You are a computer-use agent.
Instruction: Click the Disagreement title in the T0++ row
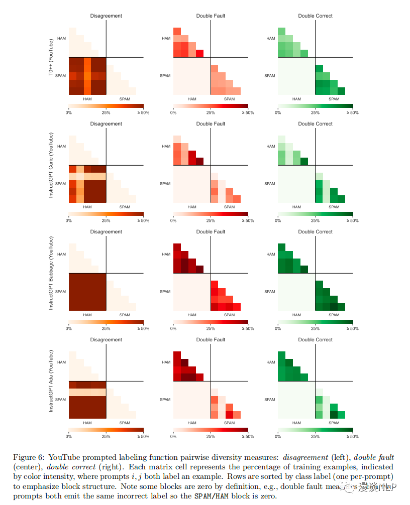pos(106,16)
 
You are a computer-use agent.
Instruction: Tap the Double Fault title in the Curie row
pos(211,124)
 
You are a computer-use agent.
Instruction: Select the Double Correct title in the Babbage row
pos(315,232)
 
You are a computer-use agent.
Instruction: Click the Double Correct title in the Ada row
pos(315,340)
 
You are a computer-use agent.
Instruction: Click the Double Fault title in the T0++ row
pos(211,16)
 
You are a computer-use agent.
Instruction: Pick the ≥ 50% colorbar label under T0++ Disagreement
pos(143,113)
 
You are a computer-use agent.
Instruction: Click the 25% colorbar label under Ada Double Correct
pos(315,437)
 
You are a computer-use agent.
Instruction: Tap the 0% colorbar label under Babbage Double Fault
pos(173,329)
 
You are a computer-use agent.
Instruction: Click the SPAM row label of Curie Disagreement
pos(61,184)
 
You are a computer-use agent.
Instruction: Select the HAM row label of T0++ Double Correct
pos(271,38)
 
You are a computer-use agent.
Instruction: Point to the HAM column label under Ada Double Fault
pos(192,423)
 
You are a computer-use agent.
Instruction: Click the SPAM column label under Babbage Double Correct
pos(334,315)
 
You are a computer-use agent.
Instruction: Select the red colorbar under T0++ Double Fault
pos(211,106)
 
